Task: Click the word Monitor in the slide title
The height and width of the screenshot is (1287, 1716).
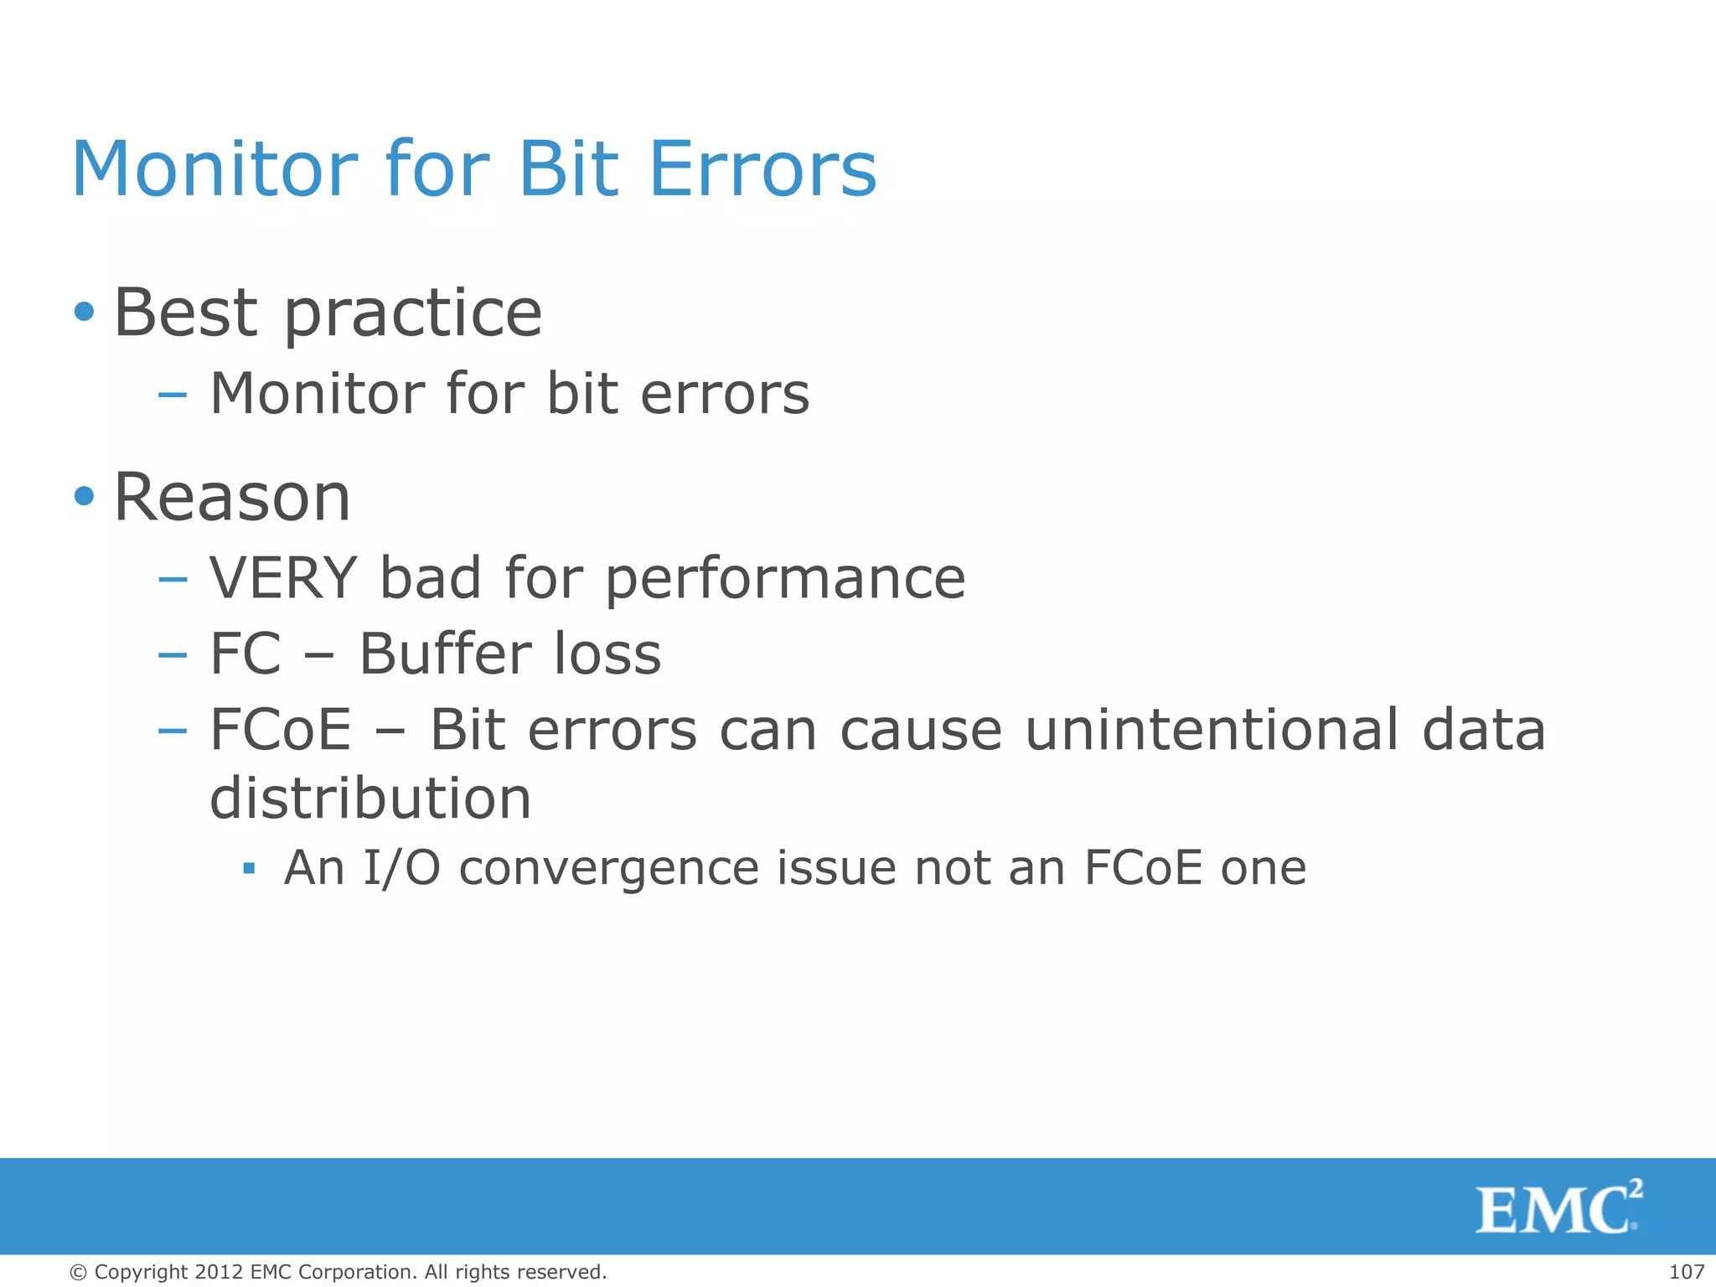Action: point(214,169)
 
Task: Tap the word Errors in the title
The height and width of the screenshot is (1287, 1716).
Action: point(762,169)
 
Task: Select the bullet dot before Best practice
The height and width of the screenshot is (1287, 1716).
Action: point(84,313)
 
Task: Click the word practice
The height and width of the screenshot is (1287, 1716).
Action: point(413,314)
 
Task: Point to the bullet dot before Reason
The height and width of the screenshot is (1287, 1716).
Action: point(84,496)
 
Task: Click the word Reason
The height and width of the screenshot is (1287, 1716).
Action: point(232,498)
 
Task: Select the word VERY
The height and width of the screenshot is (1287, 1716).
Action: point(283,578)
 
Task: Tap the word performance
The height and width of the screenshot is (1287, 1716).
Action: point(785,580)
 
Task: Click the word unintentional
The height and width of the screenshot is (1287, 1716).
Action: point(1212,729)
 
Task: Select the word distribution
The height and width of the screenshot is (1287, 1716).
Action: point(370,798)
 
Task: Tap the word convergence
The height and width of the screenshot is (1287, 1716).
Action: point(609,868)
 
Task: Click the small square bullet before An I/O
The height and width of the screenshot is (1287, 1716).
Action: point(248,868)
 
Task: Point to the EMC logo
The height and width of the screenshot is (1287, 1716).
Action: point(1558,1207)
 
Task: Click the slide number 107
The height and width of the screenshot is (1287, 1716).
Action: point(1686,1272)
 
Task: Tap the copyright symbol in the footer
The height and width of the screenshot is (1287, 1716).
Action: point(79,1273)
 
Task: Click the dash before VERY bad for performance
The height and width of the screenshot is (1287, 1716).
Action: point(172,579)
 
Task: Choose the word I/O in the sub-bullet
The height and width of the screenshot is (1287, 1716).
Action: point(401,868)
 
